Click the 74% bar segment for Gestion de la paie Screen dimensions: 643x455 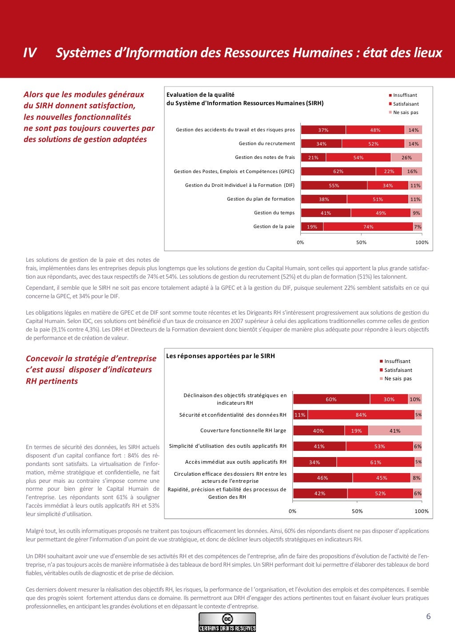click(x=368, y=227)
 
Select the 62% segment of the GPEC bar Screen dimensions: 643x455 click(x=338, y=171)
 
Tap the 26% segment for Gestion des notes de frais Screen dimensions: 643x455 click(x=406, y=158)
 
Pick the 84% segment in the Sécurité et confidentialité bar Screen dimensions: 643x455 click(x=361, y=415)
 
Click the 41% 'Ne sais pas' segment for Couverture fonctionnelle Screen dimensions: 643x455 click(x=395, y=430)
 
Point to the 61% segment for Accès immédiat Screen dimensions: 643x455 click(x=375, y=462)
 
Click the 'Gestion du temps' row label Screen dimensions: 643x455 click(x=274, y=213)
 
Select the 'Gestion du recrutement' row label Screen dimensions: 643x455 click(x=267, y=144)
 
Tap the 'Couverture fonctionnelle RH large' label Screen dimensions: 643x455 click(x=243, y=430)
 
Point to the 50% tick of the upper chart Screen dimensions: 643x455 click(x=361, y=242)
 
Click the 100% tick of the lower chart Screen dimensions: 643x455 click(x=421, y=511)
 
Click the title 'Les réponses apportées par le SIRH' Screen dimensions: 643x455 click(x=220, y=356)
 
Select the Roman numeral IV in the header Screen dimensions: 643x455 click(x=29, y=53)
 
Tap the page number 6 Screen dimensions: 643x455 click(x=428, y=616)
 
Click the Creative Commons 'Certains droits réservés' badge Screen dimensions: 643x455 click(x=227, y=622)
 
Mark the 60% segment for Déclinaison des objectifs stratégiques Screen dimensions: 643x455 click(x=331, y=399)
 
